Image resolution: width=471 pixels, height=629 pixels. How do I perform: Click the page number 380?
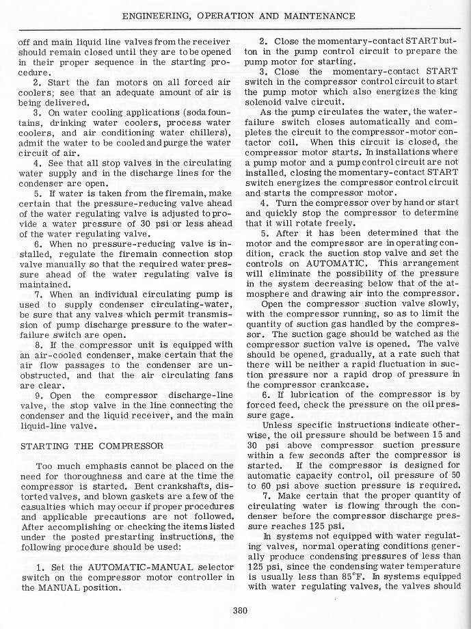pyautogui.click(x=239, y=610)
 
